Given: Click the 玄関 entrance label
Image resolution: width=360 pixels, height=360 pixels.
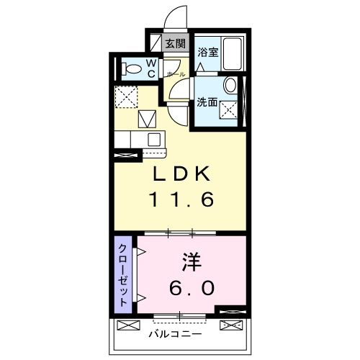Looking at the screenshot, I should (x=176, y=43).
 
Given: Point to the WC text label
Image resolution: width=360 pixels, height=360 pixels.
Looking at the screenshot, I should (x=152, y=68).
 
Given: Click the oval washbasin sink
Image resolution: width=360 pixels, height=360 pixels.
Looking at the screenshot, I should (x=230, y=85).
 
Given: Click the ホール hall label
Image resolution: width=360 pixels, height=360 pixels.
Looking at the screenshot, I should (x=176, y=74).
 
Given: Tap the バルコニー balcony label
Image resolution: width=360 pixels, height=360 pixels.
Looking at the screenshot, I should (x=176, y=334).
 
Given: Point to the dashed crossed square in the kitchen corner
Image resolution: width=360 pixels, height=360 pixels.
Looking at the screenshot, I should (x=127, y=95).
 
